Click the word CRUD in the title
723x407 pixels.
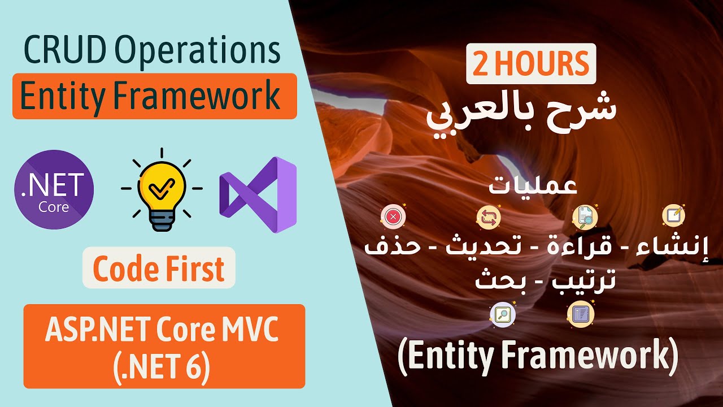[x=65, y=50]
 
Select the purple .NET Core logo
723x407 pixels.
[x=54, y=189]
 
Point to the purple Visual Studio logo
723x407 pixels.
[x=258, y=194]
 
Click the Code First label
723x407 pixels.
[x=159, y=268]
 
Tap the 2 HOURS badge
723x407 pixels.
[x=531, y=64]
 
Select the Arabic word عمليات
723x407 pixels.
[x=533, y=185]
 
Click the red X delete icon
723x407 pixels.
[x=393, y=217]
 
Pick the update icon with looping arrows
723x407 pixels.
[x=489, y=217]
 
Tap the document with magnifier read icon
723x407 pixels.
[x=585, y=217]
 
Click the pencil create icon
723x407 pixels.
[x=674, y=215]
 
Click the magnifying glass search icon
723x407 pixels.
[x=503, y=314]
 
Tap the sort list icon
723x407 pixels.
[x=581, y=314]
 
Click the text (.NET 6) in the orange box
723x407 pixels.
[x=162, y=367]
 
